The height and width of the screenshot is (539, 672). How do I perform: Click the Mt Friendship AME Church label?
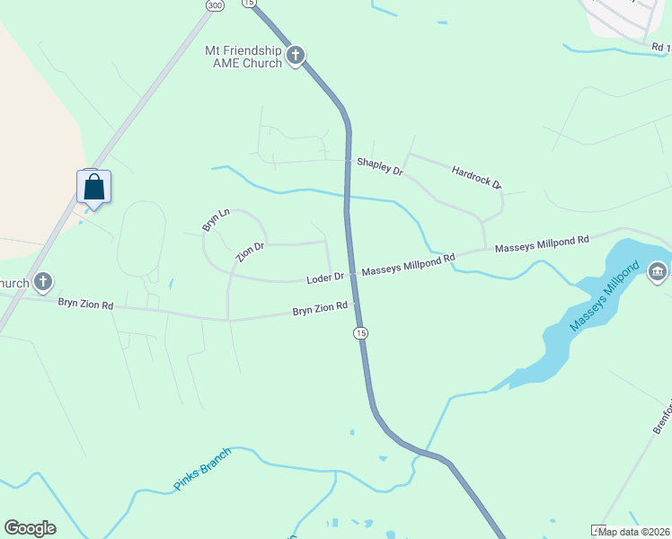[x=243, y=56]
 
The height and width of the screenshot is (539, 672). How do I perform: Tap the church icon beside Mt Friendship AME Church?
[x=296, y=56]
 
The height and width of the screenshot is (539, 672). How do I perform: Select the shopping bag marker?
[x=94, y=188]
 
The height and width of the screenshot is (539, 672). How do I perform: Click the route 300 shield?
[x=215, y=5]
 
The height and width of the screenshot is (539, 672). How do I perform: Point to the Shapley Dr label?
[x=380, y=165]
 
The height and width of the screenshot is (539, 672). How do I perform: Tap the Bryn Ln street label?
[x=216, y=220]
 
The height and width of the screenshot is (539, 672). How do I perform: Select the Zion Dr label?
[x=250, y=252]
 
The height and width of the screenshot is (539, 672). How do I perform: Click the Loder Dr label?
[x=325, y=278]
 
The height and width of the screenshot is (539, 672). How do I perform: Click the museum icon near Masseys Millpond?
[x=657, y=270]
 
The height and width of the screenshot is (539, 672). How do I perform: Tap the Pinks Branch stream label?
[x=202, y=469]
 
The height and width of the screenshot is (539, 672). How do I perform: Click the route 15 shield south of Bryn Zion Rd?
[x=360, y=333]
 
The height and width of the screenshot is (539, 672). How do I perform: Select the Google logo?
[x=30, y=528]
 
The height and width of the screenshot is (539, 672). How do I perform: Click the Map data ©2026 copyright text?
[x=634, y=532]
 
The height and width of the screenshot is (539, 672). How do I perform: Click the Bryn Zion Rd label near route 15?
[x=320, y=308]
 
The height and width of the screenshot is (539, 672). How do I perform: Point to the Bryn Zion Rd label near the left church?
[x=85, y=305]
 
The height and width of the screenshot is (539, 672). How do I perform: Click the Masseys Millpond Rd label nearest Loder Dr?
[x=408, y=264]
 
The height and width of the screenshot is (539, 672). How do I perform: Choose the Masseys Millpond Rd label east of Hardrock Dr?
[x=542, y=243]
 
